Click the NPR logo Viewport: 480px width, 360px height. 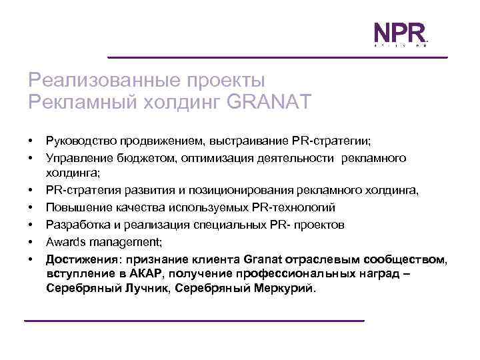pyautogui.click(x=399, y=33)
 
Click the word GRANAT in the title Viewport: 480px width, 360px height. pyautogui.click(x=269, y=102)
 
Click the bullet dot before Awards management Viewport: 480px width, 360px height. pyautogui.click(x=31, y=242)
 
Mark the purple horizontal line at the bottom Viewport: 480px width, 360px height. pyautogui.click(x=194, y=321)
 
